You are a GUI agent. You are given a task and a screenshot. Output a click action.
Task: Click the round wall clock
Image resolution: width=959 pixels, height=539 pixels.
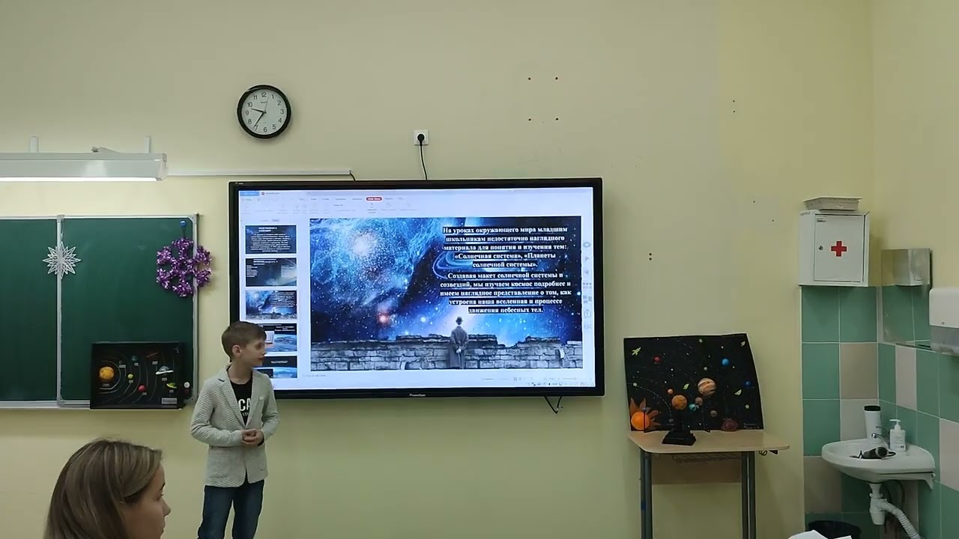(264, 112)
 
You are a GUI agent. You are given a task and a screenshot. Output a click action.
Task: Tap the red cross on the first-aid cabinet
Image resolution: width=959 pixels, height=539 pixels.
(838, 249)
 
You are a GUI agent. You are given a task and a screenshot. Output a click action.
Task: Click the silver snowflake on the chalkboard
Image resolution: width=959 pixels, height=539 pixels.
(61, 259)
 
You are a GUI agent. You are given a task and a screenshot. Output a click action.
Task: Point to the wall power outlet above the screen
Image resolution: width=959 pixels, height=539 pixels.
(421, 138)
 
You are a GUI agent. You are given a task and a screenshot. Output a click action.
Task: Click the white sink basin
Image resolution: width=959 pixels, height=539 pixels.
(877, 460)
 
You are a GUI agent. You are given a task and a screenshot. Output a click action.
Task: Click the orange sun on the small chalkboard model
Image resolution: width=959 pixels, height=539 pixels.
(106, 373)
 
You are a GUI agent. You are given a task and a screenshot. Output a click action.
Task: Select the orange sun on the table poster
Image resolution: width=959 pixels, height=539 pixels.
(641, 419)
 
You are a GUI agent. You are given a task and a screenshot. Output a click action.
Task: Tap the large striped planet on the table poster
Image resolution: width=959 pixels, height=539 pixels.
(706, 386)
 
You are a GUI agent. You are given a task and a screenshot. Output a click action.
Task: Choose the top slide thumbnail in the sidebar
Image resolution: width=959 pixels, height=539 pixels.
(270, 240)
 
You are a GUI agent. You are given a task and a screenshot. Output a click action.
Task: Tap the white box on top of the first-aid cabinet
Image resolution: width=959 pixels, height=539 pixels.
(832, 204)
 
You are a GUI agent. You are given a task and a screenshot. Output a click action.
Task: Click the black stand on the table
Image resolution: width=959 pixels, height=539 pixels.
(679, 434)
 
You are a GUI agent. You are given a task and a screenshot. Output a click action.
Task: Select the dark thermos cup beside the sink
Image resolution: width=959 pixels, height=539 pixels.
(871, 421)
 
